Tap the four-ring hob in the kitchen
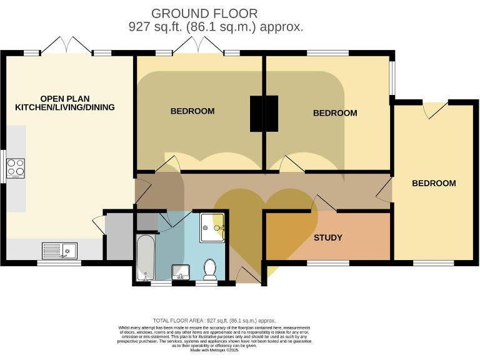[x=16, y=167]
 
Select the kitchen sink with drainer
[x=59, y=251]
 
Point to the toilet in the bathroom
[x=210, y=269]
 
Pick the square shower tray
[x=212, y=227]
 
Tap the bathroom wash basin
[x=180, y=272]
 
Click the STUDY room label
[x=327, y=237]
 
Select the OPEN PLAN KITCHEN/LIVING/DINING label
[x=65, y=103]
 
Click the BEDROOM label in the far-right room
[x=434, y=183]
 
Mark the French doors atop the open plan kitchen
[x=66, y=46]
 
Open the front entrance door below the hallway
[x=247, y=275]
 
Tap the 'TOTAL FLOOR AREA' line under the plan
[x=214, y=320]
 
